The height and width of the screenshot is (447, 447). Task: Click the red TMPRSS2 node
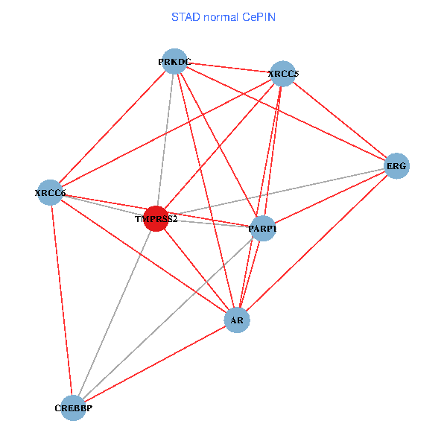[x=156, y=219]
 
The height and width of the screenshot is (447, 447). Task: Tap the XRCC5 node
[x=283, y=74]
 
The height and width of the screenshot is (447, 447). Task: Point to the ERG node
[x=396, y=166]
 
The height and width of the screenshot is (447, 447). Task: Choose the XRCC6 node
[x=50, y=193]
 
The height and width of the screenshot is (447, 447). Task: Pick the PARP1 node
[x=261, y=229]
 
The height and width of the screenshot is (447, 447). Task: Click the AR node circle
[x=237, y=320]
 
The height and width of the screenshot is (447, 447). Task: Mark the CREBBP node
[x=73, y=408]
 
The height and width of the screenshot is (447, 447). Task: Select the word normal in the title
[x=220, y=16]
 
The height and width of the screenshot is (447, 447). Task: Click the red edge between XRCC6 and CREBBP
[x=61, y=298]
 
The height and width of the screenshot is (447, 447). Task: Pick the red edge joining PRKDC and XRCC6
[x=112, y=127]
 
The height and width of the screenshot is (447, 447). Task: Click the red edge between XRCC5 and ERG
[x=340, y=120]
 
